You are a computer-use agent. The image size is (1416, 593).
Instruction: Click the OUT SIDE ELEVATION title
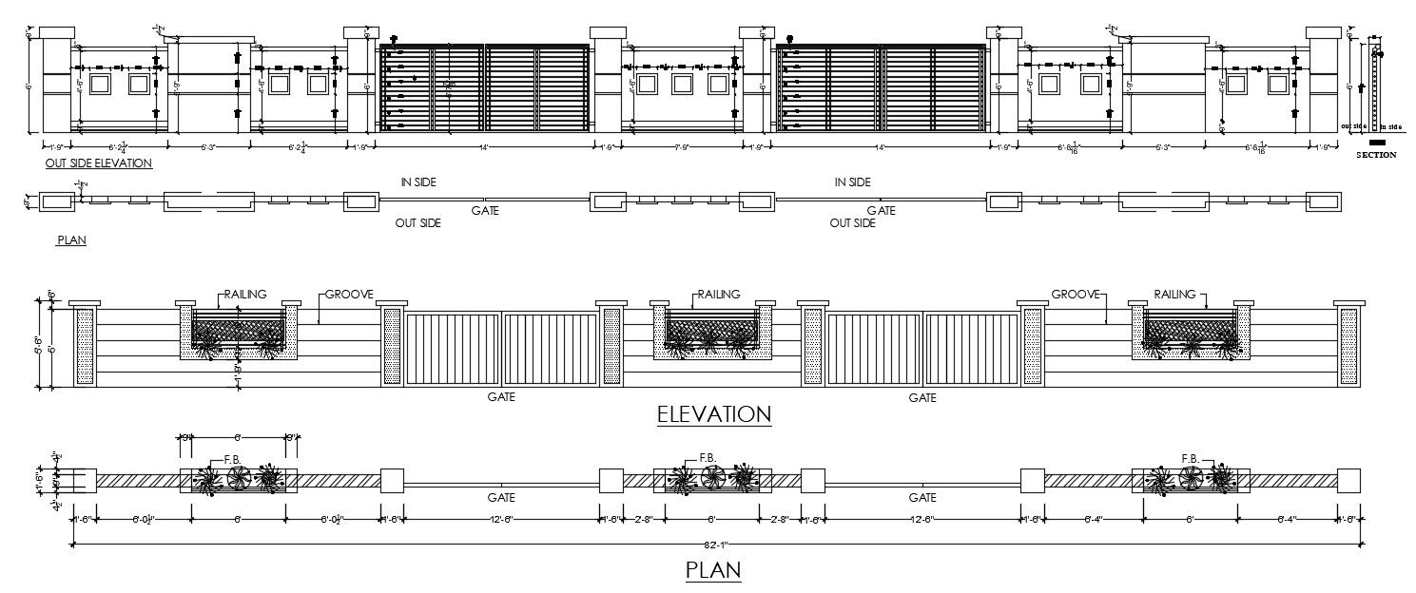pyautogui.click(x=99, y=163)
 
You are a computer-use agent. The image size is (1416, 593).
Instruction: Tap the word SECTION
pyautogui.click(x=1376, y=155)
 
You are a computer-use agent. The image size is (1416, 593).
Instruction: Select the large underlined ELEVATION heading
pyautogui.click(x=713, y=414)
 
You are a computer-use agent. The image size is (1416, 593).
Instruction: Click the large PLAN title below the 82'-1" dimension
pyautogui.click(x=713, y=570)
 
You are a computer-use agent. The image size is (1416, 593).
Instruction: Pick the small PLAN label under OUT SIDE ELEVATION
pyautogui.click(x=71, y=240)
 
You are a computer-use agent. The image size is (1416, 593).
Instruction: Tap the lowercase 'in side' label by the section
pyautogui.click(x=1390, y=125)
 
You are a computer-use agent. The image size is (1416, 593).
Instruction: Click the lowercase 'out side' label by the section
pyautogui.click(x=1353, y=125)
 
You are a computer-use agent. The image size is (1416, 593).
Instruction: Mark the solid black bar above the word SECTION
pyautogui.click(x=1377, y=142)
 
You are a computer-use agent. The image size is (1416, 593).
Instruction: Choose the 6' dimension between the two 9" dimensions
pyautogui.click(x=239, y=437)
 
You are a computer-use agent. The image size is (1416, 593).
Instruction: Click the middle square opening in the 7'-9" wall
pyautogui.click(x=682, y=85)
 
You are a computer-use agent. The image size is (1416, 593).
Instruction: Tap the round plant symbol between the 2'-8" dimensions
pyautogui.click(x=712, y=476)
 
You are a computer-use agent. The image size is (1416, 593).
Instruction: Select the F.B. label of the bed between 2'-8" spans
pyautogui.click(x=708, y=458)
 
